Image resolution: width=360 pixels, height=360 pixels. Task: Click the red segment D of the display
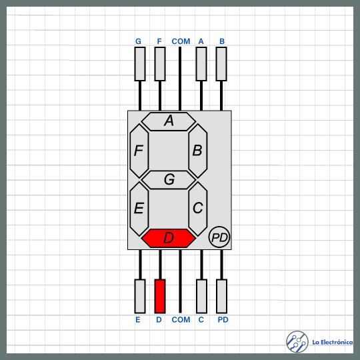tap(169, 238)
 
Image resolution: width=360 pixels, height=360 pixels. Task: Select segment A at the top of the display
tap(169, 121)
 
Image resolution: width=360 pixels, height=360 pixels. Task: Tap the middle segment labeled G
tap(169, 179)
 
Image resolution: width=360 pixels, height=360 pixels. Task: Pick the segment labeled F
tap(139, 151)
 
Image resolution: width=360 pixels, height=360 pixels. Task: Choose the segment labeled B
tap(198, 151)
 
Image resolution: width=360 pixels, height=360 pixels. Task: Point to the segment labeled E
tap(139, 209)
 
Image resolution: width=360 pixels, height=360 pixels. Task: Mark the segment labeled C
tap(198, 209)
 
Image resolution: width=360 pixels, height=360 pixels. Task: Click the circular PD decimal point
tap(219, 237)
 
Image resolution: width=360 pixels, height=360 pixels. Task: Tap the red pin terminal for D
tap(160, 296)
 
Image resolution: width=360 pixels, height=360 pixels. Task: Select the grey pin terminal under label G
tap(140, 64)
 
